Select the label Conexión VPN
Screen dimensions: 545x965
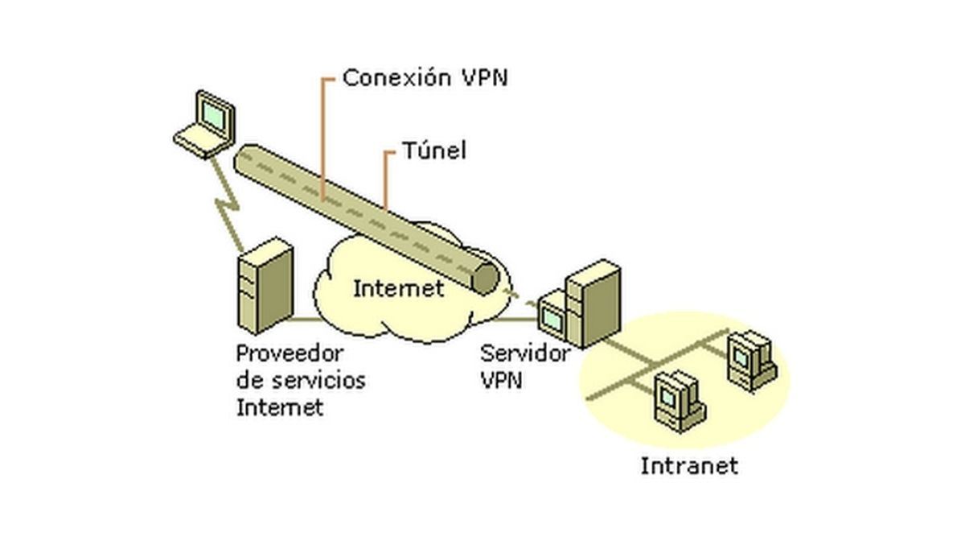pos(425,78)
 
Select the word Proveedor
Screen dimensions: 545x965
pos(289,353)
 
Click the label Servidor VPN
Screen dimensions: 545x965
pos(524,365)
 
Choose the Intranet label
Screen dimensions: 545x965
pos(688,465)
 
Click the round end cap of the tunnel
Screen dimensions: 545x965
pos(485,276)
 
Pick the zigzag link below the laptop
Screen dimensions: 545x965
pos(227,201)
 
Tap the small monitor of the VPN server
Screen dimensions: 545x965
pos(553,319)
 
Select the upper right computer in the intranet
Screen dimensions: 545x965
pos(749,358)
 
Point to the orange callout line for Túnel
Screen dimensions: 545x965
pos(386,181)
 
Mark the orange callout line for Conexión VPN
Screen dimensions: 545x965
pos(322,137)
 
